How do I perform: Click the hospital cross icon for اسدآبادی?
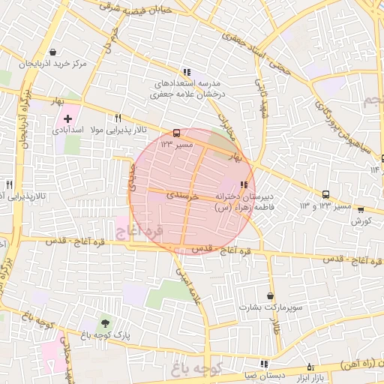[x=68, y=119]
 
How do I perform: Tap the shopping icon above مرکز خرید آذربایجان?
[x=53, y=52]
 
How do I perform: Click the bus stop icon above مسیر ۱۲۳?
[x=176, y=132]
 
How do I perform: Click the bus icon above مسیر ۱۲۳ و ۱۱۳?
[x=325, y=194]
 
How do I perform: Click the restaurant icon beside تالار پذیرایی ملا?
[x=117, y=118]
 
